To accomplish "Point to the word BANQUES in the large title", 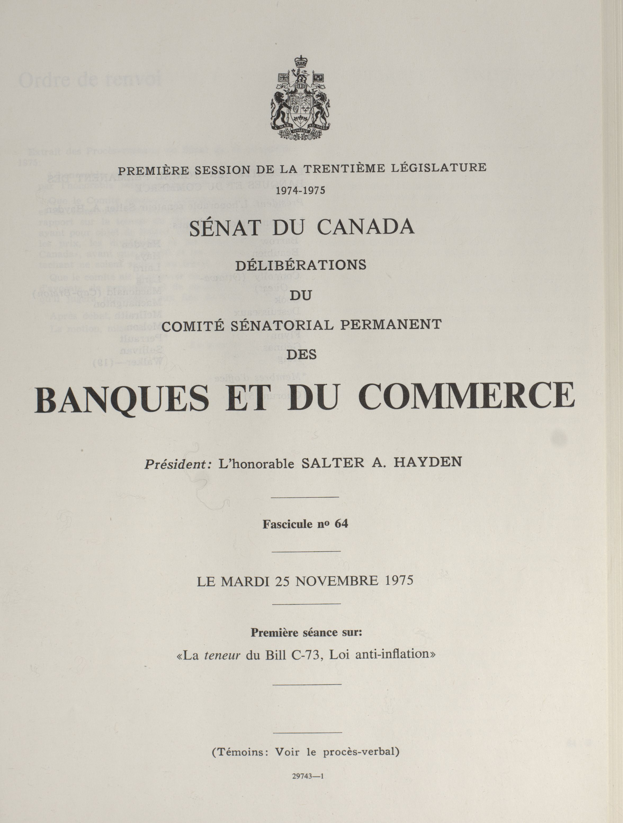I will click(x=122, y=399).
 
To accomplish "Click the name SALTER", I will click(x=333, y=463).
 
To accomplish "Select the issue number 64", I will click(x=341, y=524).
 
